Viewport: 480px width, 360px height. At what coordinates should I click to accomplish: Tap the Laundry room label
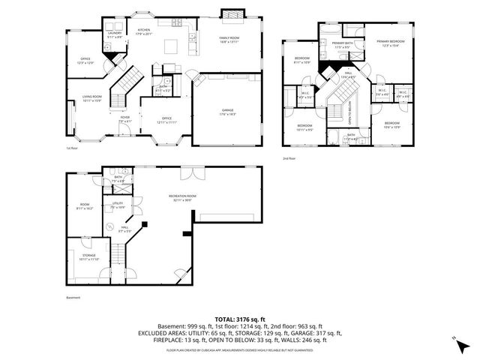(115, 34)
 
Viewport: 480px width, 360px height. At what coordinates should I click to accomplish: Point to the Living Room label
(92, 99)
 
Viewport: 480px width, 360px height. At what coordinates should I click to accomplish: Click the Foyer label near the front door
(124, 118)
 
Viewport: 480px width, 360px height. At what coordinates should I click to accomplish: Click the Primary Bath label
(342, 44)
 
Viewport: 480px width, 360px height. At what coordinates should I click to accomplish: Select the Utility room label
(118, 204)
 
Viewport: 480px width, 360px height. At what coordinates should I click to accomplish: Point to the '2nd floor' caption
(289, 159)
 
